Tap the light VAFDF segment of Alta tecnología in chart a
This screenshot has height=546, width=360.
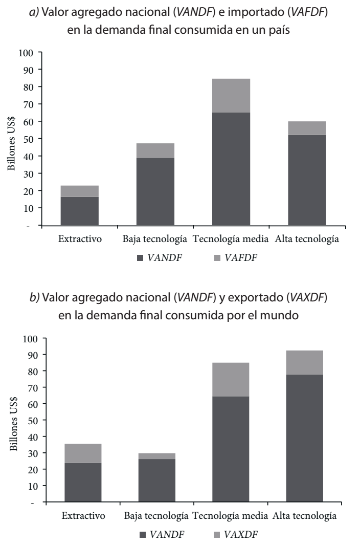tap(307, 128)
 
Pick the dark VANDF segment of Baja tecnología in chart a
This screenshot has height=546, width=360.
tap(155, 191)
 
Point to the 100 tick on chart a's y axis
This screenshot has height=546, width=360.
tap(26, 52)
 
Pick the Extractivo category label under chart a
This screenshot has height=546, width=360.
tap(80, 239)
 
